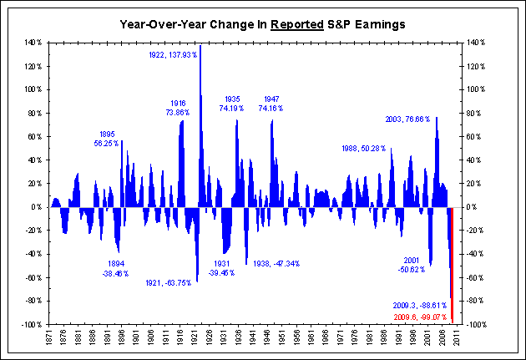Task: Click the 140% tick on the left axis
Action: [32, 42]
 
